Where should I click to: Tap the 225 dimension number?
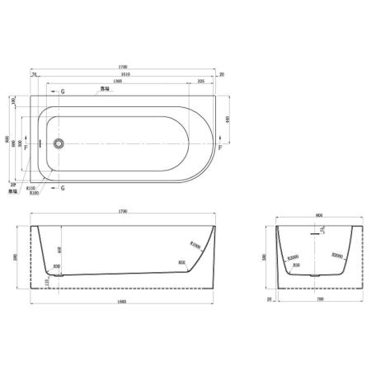pos(201,82)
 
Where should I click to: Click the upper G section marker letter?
pos(63,91)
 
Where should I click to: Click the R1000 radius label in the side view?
pos(195,245)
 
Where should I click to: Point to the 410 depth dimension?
pos(58,249)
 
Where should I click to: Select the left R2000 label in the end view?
pos(293,257)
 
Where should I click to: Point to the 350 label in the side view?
pos(56,265)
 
